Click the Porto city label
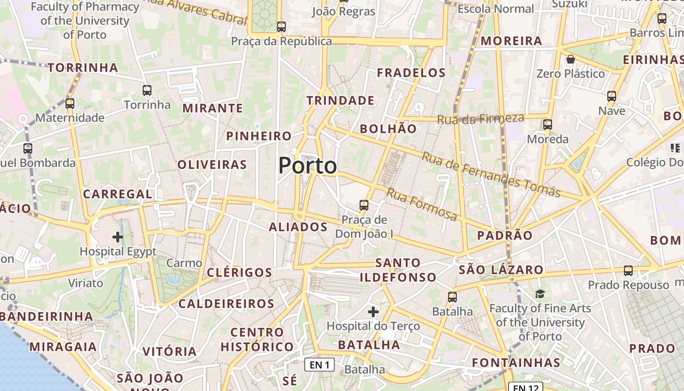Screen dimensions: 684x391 [307, 166]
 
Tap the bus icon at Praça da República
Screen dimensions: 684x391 [281, 27]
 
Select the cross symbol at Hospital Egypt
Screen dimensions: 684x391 [117, 237]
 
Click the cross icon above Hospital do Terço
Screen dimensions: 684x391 [373, 311]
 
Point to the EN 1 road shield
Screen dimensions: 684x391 [320, 365]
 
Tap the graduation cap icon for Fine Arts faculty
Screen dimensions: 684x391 [540, 294]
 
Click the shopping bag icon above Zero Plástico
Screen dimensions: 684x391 [570, 60]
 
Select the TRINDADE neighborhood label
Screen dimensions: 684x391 [341, 101]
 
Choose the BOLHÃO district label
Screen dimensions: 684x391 [388, 129]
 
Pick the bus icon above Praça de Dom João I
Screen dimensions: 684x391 [363, 205]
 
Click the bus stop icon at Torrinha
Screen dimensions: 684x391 [147, 90]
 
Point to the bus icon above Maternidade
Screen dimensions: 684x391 [70, 104]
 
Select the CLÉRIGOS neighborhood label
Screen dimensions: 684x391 [239, 273]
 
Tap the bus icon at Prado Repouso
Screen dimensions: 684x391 [628, 270]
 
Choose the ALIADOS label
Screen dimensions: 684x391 [298, 227]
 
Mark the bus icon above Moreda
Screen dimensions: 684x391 [548, 125]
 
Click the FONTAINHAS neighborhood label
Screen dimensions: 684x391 [516, 363]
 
